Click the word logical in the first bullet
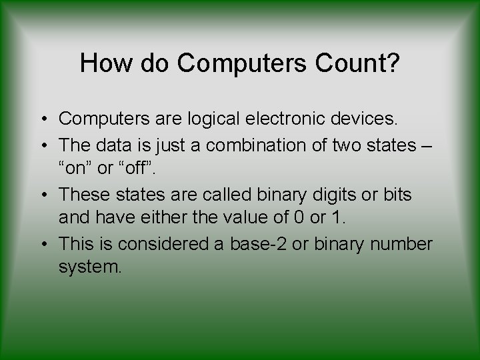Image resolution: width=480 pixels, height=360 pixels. (x=201, y=119)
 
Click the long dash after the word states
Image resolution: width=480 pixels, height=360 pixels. (x=429, y=143)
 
